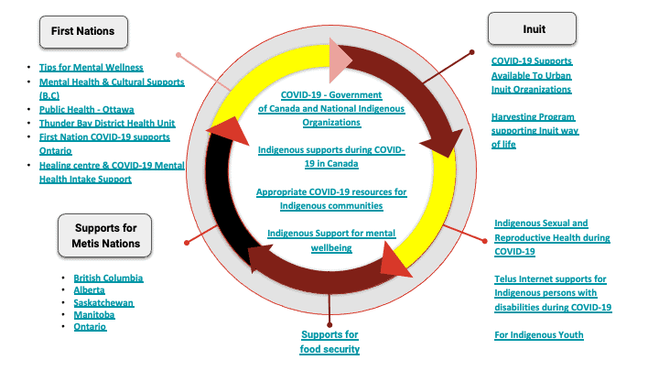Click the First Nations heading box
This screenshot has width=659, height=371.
point(82,31)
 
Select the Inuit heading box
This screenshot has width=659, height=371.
point(532,28)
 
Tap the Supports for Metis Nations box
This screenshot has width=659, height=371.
point(105,235)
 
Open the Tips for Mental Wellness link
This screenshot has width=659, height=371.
point(91,68)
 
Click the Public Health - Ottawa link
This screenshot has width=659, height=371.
point(85,109)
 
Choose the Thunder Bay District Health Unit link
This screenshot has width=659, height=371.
point(107,123)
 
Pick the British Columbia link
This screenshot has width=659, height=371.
point(108,278)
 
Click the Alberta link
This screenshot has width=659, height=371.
point(90,289)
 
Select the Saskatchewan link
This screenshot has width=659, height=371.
point(103,302)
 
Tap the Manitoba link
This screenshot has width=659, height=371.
point(94,314)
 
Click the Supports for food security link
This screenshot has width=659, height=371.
point(329,341)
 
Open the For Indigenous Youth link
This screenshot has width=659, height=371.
point(538,335)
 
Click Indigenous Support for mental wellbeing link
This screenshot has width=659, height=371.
point(330,240)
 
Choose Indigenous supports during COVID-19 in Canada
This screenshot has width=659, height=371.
point(330,156)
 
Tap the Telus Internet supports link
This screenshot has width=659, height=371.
point(552,293)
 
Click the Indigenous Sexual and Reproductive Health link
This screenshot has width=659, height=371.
point(552,236)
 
